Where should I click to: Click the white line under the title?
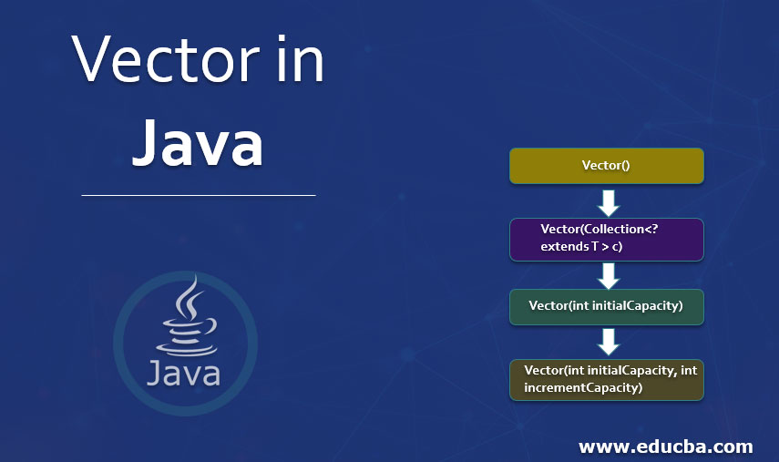[198, 195]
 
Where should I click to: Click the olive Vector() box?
[606, 166]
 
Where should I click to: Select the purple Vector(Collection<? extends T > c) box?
[606, 239]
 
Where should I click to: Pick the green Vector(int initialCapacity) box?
[606, 306]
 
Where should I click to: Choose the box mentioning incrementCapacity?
[606, 379]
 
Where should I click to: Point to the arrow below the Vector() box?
[606, 200]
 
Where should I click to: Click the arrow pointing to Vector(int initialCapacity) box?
[606, 274]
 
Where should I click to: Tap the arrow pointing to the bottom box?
[606, 341]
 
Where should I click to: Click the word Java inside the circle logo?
[182, 373]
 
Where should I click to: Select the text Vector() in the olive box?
[606, 166]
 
